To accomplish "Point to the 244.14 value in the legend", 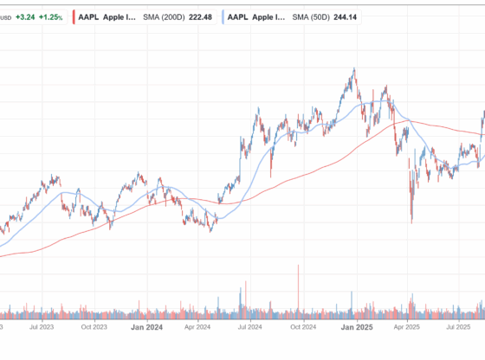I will click(350, 16).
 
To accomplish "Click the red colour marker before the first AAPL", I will click(74, 16).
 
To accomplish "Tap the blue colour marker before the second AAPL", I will click(223, 16).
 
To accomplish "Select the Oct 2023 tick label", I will click(94, 328).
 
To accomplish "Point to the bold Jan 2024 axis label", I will click(146, 328).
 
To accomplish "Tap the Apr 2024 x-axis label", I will click(198, 328).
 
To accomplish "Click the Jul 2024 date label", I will click(250, 328).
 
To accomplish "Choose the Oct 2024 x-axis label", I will click(303, 328).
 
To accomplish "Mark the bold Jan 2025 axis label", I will click(356, 328).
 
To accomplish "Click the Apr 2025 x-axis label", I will click(408, 328).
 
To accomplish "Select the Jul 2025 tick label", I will click(459, 328).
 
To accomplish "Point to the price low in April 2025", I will click(411, 222).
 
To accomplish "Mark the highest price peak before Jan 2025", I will click(353, 69).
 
